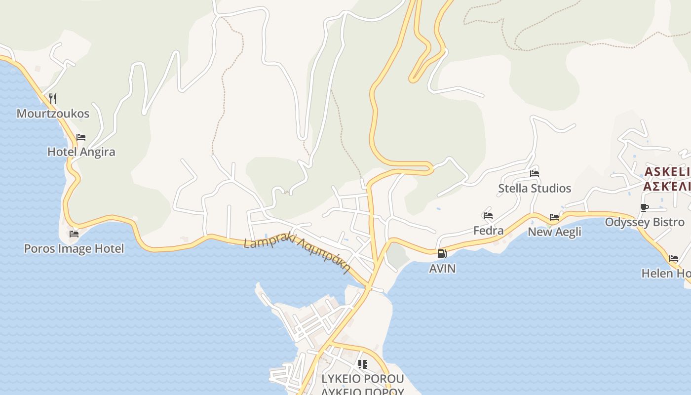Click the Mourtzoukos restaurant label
(53, 114)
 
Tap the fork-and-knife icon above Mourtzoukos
(53, 98)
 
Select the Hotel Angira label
(81, 152)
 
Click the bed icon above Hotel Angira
(81, 137)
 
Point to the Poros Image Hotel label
(74, 248)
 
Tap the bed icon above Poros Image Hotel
(74, 234)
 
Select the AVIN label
(442, 269)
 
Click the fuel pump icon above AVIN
(442, 254)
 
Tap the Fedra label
(488, 231)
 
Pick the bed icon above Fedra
(488, 216)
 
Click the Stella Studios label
(535, 188)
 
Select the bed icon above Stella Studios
(535, 173)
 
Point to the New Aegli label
(554, 232)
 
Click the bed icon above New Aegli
(554, 217)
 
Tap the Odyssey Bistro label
(645, 222)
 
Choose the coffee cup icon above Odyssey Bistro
(644, 207)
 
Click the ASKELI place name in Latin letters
(667, 172)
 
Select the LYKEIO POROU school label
(363, 379)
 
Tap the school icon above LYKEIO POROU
(363, 364)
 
